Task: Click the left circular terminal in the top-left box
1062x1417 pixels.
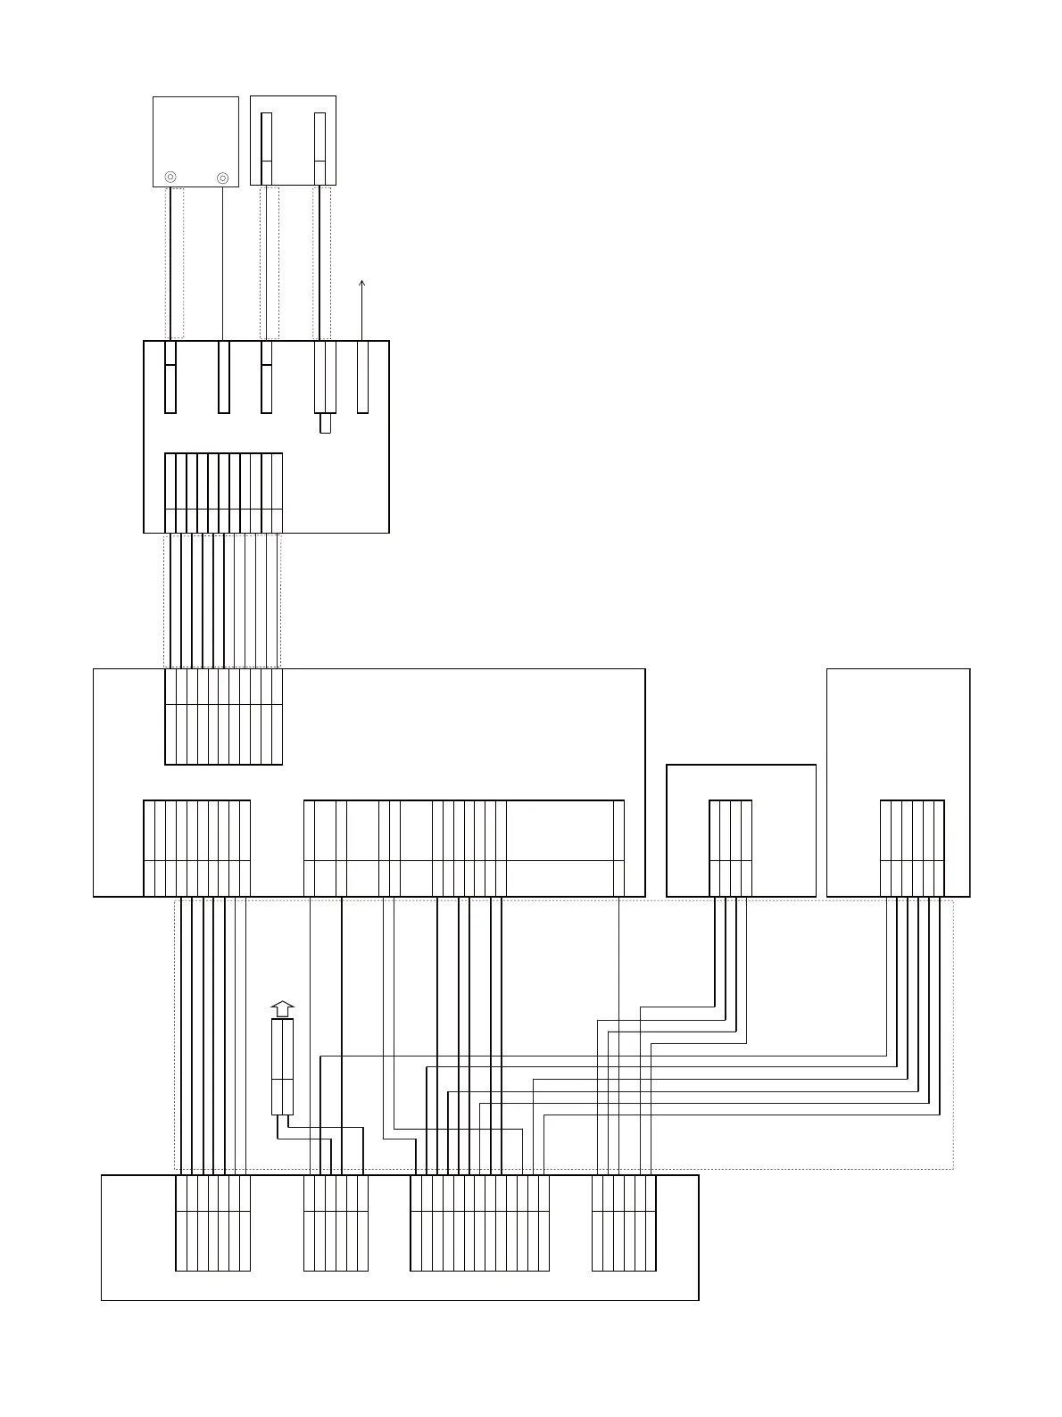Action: click(170, 178)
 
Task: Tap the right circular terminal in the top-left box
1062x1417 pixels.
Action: click(223, 178)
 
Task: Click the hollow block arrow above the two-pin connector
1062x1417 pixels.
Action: click(282, 1009)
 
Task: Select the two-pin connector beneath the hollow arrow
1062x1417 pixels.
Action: click(282, 1066)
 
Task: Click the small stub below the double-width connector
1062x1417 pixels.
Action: click(325, 423)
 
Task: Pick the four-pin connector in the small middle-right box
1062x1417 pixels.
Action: click(730, 848)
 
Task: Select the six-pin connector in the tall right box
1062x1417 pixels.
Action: click(912, 848)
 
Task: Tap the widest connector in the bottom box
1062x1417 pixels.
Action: click(479, 1222)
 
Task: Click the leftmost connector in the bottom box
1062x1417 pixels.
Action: click(212, 1222)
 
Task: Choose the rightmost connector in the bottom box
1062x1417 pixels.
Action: click(624, 1222)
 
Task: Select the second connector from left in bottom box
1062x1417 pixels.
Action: click(336, 1222)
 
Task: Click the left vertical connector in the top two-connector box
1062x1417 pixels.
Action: click(266, 148)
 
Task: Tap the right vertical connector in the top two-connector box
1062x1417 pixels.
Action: click(319, 148)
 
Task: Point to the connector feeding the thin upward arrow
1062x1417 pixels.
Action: click(362, 377)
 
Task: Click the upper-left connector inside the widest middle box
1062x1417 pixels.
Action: click(223, 717)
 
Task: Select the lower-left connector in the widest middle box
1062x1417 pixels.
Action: click(196, 848)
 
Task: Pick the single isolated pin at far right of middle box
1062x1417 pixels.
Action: click(618, 848)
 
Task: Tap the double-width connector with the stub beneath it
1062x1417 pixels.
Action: click(325, 377)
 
